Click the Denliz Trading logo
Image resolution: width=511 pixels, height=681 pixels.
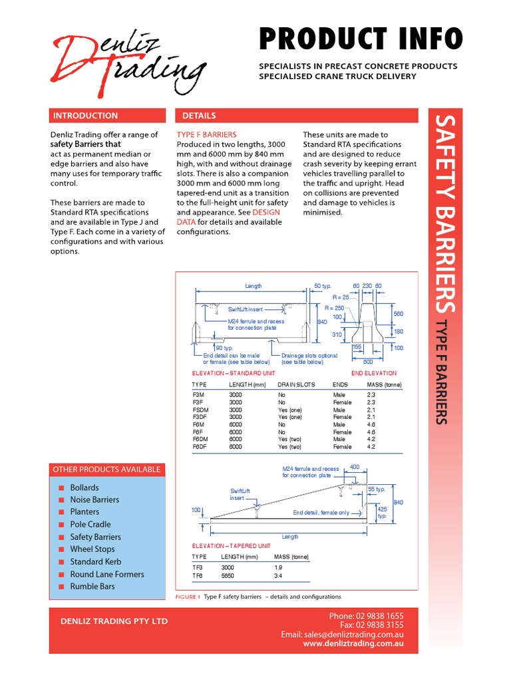[x=126, y=61]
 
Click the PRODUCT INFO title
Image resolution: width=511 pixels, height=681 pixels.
[x=359, y=39]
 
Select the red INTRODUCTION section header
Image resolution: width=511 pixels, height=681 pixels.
[x=85, y=116]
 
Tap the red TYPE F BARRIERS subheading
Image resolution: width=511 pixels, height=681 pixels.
[x=206, y=134]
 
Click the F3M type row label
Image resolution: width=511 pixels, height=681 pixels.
[x=198, y=394]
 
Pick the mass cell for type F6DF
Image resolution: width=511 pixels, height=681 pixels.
[x=371, y=447]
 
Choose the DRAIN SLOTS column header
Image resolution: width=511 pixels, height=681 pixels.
[x=296, y=385]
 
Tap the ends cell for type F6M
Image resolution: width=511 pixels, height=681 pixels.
[x=339, y=424]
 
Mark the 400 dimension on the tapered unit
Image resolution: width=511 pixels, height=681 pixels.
[x=354, y=467]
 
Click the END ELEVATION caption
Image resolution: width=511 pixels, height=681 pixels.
[x=374, y=373]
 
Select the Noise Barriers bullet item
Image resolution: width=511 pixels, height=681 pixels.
[x=94, y=499]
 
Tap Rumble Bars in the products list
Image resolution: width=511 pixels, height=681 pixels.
[x=92, y=587]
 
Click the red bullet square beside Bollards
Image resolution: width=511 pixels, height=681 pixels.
[x=61, y=487]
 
